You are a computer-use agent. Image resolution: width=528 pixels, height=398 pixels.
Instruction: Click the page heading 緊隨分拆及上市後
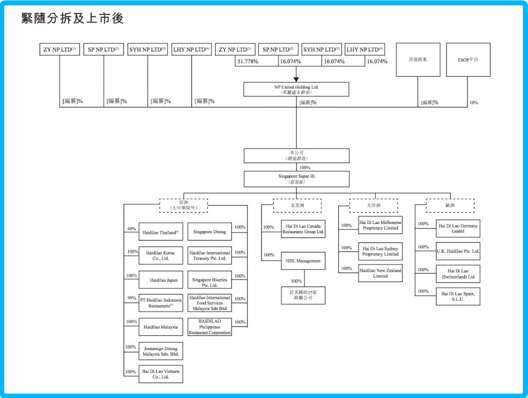pyautogui.click(x=72, y=19)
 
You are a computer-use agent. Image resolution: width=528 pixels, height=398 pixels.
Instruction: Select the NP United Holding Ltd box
pyautogui.click(x=296, y=90)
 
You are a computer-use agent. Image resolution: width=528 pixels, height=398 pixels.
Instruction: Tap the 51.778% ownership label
pyautogui.click(x=247, y=61)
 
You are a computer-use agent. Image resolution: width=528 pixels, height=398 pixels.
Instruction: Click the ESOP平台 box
pyautogui.click(x=468, y=60)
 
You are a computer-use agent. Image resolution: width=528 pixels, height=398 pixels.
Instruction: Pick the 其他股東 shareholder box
pyautogui.click(x=417, y=60)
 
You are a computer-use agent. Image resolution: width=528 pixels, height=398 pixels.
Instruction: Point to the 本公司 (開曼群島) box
pyautogui.click(x=296, y=155)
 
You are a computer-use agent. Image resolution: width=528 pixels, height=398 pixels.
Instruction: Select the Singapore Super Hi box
pyautogui.click(x=296, y=179)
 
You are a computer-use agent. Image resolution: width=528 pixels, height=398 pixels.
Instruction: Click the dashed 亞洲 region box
pyautogui.click(x=184, y=205)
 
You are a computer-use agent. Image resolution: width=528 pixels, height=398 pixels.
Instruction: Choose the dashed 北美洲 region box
pyautogui.click(x=297, y=205)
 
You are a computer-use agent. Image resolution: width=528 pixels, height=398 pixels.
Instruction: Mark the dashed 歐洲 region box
pyautogui.click(x=450, y=205)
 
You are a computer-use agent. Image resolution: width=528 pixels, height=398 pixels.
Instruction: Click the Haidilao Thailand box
pyautogui.click(x=160, y=232)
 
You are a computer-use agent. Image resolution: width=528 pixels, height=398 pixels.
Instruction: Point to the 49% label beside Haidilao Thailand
pyautogui.click(x=131, y=229)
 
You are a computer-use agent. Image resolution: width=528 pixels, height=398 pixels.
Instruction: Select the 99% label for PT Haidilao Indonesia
pyautogui.click(x=131, y=298)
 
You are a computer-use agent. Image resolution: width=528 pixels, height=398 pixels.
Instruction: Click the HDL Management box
pyautogui.click(x=303, y=261)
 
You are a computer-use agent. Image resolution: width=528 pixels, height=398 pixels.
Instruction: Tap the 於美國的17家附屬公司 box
pyautogui.click(x=303, y=295)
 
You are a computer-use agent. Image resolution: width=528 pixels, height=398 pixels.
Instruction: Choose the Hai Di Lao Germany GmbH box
pyautogui.click(x=458, y=229)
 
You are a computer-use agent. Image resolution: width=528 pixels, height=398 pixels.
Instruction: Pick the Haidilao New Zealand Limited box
pyautogui.click(x=380, y=273)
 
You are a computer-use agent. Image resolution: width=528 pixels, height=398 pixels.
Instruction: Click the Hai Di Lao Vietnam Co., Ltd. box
pyautogui.click(x=160, y=374)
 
